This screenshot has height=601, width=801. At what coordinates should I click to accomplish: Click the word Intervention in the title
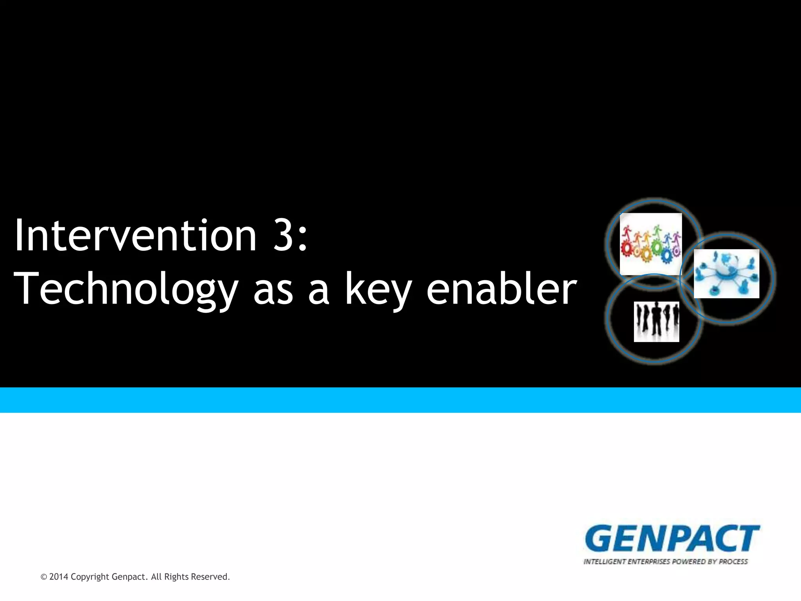point(135,236)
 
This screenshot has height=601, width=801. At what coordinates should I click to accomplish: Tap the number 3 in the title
point(283,236)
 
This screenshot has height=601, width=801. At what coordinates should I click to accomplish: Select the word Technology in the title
point(126,290)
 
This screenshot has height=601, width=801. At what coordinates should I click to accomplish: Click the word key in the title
point(378,290)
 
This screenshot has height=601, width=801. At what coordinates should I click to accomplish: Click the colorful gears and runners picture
point(651,244)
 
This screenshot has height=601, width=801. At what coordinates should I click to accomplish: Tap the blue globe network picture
point(726,274)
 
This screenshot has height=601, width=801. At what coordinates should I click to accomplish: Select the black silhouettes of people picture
point(656,322)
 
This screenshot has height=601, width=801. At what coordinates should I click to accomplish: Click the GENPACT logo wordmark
point(672,539)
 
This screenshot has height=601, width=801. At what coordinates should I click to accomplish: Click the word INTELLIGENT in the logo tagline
point(605,562)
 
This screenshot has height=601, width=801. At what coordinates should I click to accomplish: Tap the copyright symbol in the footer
point(44,577)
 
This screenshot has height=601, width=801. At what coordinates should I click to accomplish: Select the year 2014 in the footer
point(59,577)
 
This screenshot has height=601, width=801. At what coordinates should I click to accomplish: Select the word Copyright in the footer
point(90,577)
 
